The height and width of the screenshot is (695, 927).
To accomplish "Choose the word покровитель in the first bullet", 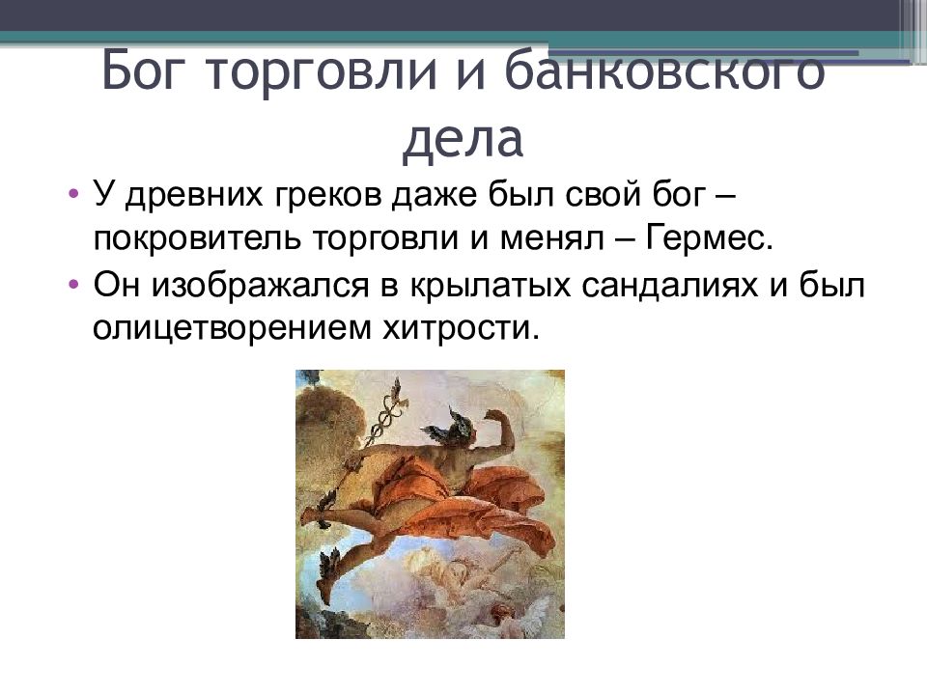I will click(x=196, y=237).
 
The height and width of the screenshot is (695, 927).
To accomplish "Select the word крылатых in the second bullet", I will click(x=473, y=287).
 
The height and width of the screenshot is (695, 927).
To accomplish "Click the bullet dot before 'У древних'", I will click(x=75, y=195).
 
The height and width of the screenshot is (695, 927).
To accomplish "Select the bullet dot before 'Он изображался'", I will click(x=75, y=287).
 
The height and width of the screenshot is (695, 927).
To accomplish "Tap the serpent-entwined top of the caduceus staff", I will click(x=394, y=405).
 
